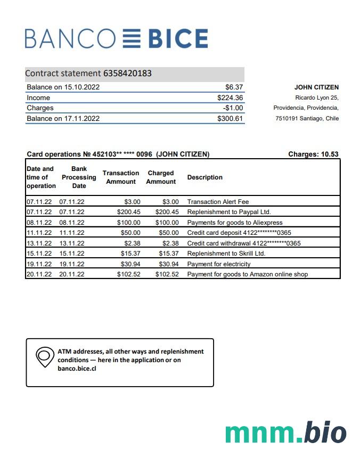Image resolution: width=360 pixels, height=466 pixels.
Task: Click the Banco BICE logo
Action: tap(116, 39)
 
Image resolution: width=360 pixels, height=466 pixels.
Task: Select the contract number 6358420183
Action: tap(127, 73)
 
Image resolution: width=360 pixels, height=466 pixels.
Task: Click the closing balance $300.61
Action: tap(230, 119)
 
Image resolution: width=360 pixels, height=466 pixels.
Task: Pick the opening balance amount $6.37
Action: tap(234, 87)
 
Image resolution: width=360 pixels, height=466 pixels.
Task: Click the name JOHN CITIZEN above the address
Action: tap(316, 87)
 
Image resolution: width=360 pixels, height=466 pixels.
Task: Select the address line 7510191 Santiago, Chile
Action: tap(307, 118)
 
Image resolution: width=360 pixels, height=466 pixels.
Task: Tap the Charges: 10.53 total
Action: tap(313, 154)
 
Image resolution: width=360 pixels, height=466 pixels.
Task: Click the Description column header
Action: tap(204, 177)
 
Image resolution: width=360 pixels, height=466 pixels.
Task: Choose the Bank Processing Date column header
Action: tap(79, 177)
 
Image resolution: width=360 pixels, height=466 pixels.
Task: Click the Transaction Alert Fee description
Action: tap(218, 202)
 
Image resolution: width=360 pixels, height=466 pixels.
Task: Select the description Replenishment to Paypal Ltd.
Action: tap(228, 212)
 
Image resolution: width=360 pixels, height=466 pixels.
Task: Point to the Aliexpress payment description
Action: tap(234, 223)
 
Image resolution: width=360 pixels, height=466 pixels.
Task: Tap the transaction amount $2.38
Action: tap(133, 243)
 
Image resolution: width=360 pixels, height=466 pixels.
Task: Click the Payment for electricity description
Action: tap(218, 264)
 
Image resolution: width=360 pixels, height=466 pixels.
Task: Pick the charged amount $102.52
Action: tap(167, 274)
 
